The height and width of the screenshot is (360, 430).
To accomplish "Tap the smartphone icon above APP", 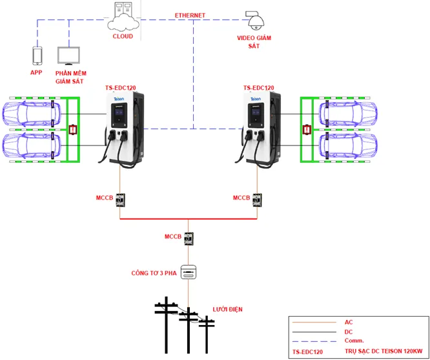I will (37, 55).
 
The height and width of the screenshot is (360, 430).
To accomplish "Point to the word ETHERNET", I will (190, 15).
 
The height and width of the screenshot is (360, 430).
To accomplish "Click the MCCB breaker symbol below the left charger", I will (120, 200).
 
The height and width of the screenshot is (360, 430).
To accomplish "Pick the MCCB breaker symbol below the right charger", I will (258, 200).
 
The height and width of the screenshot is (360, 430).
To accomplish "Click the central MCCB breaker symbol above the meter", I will (189, 240).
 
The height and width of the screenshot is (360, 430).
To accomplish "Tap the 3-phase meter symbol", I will (189, 271).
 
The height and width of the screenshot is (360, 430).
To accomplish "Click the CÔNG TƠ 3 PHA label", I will (154, 272).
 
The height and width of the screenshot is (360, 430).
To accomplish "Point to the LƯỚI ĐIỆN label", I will (227, 310).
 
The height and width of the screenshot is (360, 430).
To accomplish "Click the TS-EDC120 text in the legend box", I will (307, 352).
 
